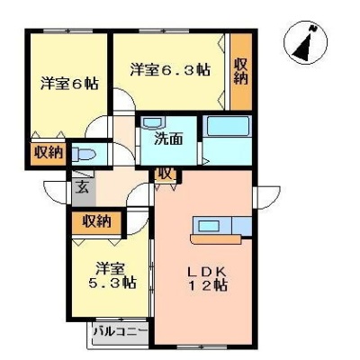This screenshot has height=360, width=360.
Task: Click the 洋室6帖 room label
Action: (69, 83)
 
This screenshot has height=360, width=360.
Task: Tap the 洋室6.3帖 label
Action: (170, 70)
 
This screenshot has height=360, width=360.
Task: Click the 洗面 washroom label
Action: (168, 139)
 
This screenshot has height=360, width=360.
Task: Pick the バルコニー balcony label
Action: (121, 332)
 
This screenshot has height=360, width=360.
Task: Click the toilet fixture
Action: (84, 155)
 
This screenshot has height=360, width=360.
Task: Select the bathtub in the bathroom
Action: (228, 126)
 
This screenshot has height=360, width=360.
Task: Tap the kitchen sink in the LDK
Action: (209, 225)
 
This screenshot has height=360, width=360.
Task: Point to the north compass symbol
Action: (306, 42)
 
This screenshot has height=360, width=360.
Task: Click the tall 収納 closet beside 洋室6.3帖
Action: (241, 71)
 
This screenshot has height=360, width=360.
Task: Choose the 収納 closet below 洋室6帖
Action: (49, 153)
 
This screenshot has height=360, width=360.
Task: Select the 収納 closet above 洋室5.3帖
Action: (96, 222)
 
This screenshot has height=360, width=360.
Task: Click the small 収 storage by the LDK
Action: (166, 175)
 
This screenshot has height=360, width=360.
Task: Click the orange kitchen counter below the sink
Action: (215, 239)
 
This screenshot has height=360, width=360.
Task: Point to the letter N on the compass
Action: (314, 29)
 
